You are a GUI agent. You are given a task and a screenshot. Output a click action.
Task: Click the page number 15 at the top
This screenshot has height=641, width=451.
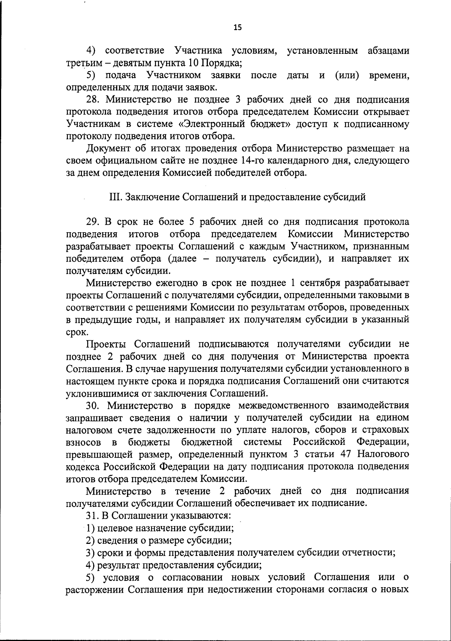[238, 27]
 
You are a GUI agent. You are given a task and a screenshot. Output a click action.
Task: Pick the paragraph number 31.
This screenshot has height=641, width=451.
[91, 515]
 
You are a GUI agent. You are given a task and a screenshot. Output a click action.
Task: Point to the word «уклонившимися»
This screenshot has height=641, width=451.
[100, 393]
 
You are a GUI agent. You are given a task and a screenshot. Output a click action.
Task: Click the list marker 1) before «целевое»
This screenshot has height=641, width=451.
[90, 528]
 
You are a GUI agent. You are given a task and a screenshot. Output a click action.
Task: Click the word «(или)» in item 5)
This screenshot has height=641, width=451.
[347, 75]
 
